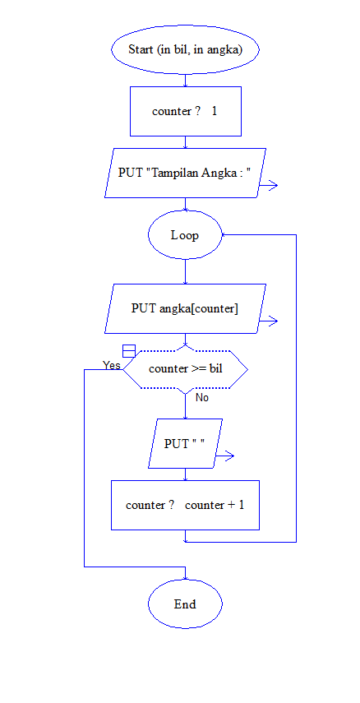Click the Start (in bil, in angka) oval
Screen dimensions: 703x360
(185, 49)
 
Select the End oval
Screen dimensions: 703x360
(185, 604)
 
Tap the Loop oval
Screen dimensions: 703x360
(185, 235)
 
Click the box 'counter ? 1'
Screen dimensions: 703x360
(185, 111)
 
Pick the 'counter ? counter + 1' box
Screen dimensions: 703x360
(185, 505)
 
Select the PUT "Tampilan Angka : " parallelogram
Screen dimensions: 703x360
(185, 173)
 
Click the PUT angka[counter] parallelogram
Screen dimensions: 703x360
(185, 308)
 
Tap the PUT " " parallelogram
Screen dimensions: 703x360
(185, 444)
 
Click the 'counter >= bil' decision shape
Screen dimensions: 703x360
(185, 369)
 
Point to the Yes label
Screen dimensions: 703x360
(112, 365)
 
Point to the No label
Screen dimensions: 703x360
(201, 397)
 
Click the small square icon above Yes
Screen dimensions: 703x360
(128, 351)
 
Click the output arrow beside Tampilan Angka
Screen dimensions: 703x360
(268, 186)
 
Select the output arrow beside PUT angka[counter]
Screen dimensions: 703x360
(268, 321)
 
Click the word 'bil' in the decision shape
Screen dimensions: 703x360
(215, 369)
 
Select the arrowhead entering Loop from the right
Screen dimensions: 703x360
(224, 235)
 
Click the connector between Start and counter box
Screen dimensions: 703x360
(185, 78)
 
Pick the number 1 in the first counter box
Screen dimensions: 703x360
(215, 111)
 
